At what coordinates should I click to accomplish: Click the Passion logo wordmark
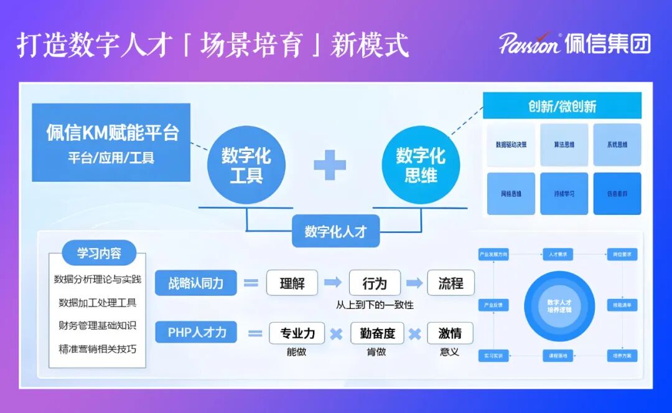point(530,43)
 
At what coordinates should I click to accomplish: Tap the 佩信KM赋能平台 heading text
point(112,133)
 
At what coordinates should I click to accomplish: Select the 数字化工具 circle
point(246,164)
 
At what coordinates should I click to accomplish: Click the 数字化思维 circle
point(421,164)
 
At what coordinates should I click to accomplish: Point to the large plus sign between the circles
point(330,164)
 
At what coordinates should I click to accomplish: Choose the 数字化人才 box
point(335,232)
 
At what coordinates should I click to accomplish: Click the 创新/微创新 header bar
point(562,106)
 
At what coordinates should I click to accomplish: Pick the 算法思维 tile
point(564,145)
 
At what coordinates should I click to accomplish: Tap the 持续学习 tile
point(564,194)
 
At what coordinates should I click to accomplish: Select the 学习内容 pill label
point(99,254)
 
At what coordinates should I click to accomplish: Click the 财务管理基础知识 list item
point(98,325)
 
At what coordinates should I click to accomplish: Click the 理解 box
point(292,283)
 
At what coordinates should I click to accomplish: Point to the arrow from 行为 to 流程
point(414,283)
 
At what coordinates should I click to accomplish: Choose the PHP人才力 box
point(197,332)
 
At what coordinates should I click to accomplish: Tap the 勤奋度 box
point(377,333)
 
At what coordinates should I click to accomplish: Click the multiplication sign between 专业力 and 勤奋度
point(336,334)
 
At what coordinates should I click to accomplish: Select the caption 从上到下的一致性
point(375,305)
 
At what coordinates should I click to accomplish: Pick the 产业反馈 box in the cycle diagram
point(493,305)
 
